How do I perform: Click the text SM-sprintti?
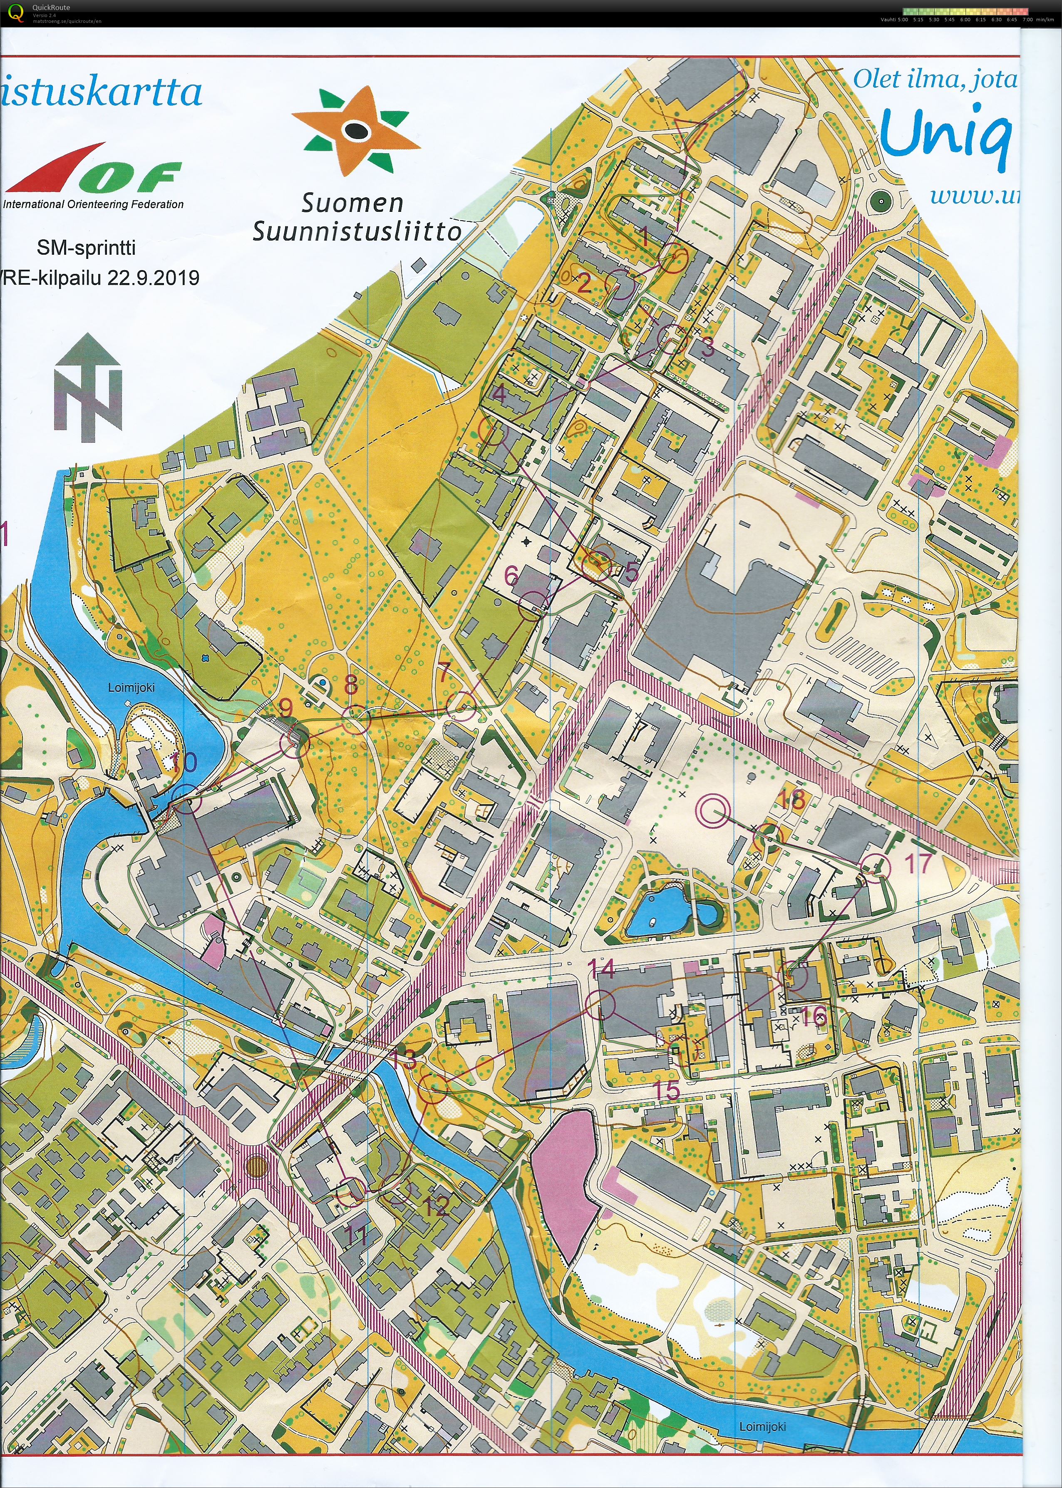tap(86, 247)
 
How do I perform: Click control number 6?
tap(511, 576)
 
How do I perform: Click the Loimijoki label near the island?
tap(132, 688)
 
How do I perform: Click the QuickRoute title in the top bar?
tap(51, 8)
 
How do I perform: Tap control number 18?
tap(791, 799)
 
